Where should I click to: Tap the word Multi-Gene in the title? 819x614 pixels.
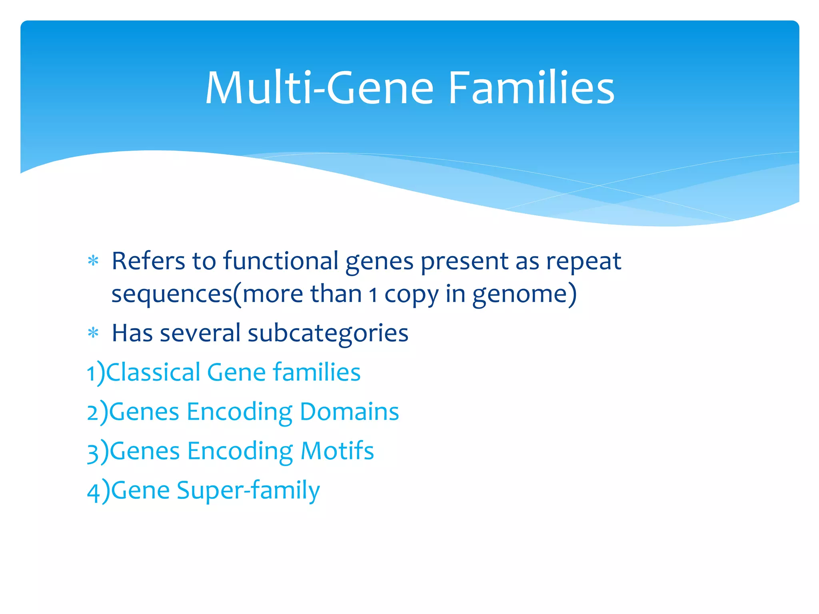(319, 88)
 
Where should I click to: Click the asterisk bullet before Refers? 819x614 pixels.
(93, 261)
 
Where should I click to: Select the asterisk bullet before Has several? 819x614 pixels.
(93, 333)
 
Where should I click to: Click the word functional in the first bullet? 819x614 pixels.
(281, 261)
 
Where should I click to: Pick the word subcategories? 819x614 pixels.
(328, 333)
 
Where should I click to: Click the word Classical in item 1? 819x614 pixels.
(153, 372)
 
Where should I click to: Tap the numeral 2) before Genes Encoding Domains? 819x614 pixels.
(97, 412)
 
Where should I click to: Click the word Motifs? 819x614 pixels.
(337, 451)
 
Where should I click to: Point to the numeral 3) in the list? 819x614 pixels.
(98, 452)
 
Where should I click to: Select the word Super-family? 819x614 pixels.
(248, 491)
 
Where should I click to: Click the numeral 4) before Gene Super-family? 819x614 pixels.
(98, 491)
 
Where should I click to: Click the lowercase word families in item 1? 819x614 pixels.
(316, 372)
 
